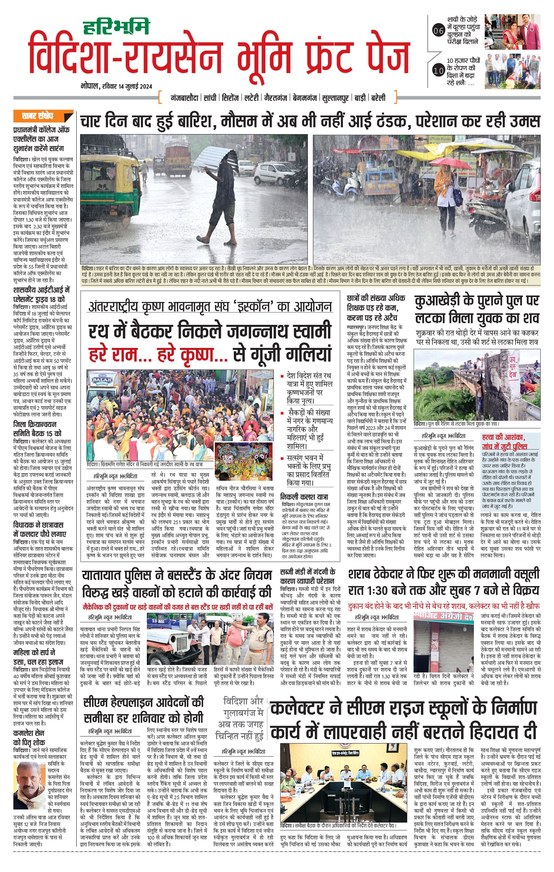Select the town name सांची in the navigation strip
click(x=210, y=98)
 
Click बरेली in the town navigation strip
click(x=378, y=98)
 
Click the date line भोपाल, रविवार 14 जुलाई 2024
click(x=116, y=86)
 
